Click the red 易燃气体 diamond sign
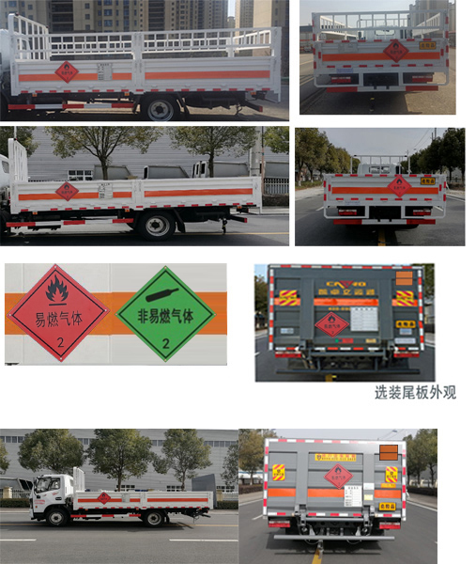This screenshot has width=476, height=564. click(57, 313)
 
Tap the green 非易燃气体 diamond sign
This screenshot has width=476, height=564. click(165, 313)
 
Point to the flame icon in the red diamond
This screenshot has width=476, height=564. click(57, 290)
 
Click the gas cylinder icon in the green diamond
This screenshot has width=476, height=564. click(165, 290)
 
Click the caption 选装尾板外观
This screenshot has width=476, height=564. click(415, 392)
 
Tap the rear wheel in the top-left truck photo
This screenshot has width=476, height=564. click(160, 107)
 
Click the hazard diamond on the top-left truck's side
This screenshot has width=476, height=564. click(67, 71)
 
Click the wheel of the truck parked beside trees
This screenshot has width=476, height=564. click(156, 226)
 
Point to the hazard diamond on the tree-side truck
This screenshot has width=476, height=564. click(67, 192)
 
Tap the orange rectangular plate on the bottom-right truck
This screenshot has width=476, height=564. click(388, 452)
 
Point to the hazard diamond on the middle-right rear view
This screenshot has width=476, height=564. click(400, 186)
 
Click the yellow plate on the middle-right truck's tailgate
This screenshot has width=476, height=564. click(427, 180)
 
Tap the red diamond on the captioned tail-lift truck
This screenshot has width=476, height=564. click(332, 324)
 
